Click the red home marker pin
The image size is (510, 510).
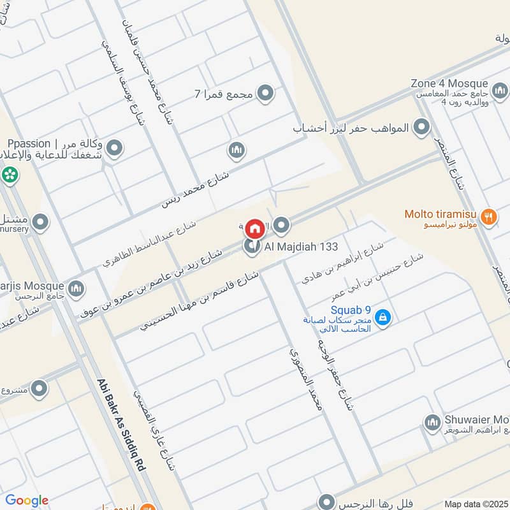[255, 228]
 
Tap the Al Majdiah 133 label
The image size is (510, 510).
[293, 246]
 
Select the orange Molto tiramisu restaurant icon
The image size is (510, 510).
[488, 215]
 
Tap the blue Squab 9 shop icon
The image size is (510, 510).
[382, 317]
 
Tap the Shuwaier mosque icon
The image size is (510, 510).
[432, 422]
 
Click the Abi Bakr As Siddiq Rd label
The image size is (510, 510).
[122, 424]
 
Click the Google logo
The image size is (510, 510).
[26, 500]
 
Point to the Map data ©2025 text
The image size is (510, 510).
[475, 504]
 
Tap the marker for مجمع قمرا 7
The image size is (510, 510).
[266, 94]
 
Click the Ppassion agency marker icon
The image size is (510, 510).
[114, 149]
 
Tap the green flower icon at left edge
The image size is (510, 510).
[9, 173]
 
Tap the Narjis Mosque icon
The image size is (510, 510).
[76, 289]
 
